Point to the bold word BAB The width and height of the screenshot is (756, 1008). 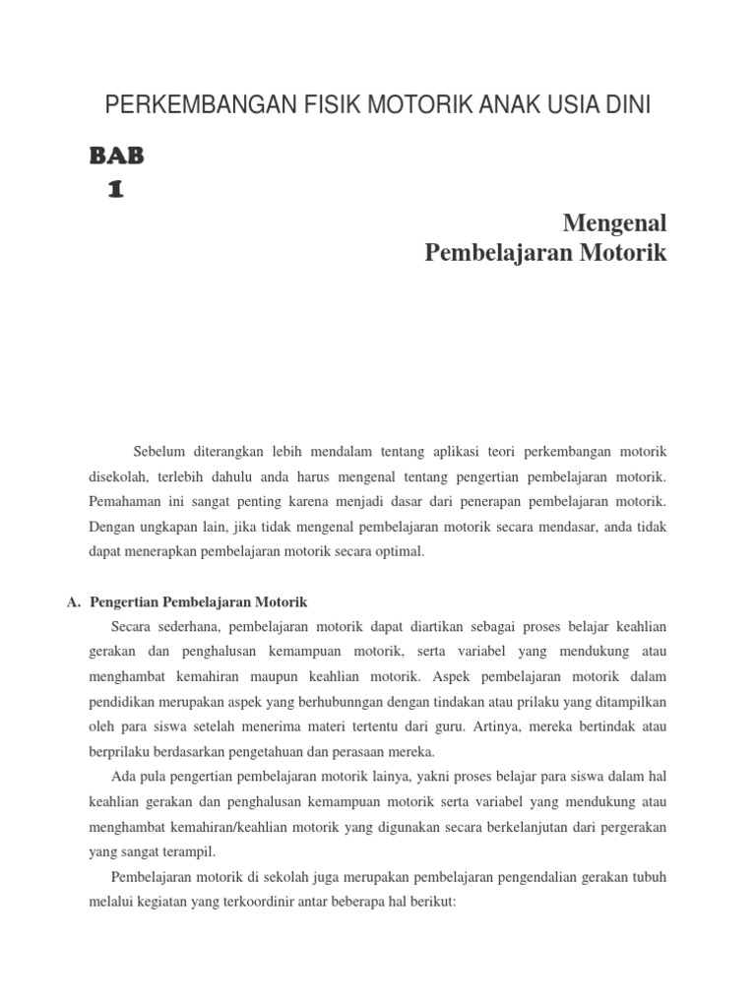coord(117,155)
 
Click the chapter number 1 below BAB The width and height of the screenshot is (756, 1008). coord(116,190)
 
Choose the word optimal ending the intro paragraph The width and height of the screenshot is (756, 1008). coord(399,552)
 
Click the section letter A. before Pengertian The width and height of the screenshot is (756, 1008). coord(74,601)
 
